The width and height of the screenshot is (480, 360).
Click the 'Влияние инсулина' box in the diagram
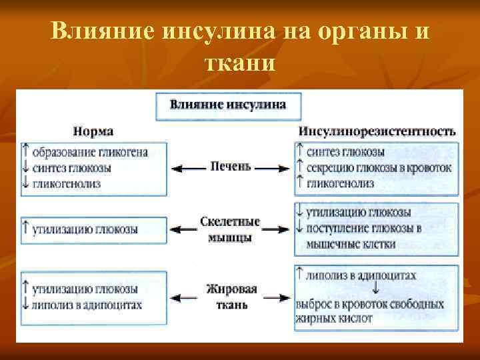(228, 105)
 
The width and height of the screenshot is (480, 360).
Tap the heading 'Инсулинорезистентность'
(377, 131)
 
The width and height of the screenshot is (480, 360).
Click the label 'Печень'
(230, 167)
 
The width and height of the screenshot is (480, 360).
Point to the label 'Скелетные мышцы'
(229, 229)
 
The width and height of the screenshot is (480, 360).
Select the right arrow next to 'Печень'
(273, 169)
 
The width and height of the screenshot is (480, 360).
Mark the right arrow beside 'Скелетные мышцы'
(277, 229)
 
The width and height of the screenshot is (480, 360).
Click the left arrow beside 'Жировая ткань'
(186, 296)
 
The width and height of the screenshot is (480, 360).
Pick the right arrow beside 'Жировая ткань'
(276, 296)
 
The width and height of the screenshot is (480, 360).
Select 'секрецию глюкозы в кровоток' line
(379, 167)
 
